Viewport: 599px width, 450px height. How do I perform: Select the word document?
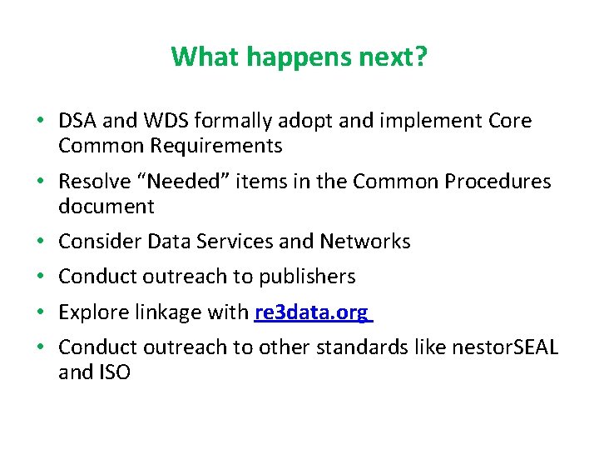[106, 207]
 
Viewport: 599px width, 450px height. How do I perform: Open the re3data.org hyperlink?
[312, 312]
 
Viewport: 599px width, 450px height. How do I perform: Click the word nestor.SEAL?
[504, 347]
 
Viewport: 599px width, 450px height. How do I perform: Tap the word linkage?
[166, 312]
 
